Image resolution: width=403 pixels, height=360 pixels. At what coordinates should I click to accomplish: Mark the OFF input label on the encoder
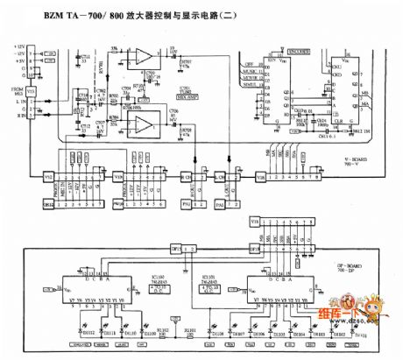(251, 61)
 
